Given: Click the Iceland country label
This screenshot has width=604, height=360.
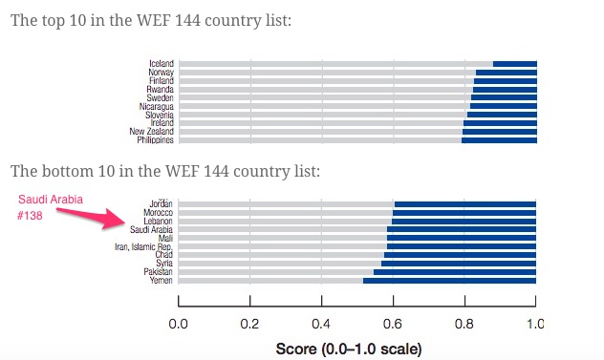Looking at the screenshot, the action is (x=162, y=64).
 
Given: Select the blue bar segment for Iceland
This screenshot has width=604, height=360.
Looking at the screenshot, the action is (x=515, y=64).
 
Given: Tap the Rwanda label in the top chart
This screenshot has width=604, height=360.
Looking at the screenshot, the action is (x=160, y=90).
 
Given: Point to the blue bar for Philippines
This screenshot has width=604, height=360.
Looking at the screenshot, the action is (x=499, y=140).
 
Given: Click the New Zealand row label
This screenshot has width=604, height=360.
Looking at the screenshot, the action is (x=151, y=132).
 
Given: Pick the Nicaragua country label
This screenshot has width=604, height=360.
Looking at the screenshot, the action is (x=157, y=106).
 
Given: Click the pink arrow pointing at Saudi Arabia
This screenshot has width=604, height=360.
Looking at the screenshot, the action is (x=92, y=218).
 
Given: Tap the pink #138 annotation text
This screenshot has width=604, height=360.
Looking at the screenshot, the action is (x=30, y=216).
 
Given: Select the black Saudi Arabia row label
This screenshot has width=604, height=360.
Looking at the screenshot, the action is (x=151, y=230).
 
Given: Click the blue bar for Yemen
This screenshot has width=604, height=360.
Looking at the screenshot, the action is (x=449, y=281).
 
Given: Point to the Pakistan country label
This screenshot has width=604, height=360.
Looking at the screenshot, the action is (x=158, y=272).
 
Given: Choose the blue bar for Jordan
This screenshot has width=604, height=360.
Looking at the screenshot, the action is (x=465, y=204).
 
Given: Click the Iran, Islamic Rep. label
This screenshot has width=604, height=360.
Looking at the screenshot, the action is (x=143, y=246).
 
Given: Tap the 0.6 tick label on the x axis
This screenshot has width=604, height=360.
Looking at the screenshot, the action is (x=393, y=325).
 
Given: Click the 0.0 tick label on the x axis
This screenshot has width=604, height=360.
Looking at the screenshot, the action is (x=179, y=325).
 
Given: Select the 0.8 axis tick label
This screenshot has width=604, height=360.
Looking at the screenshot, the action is (x=464, y=325).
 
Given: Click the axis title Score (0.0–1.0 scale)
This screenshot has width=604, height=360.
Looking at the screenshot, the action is (x=349, y=349).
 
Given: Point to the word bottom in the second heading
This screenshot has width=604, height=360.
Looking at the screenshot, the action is (x=68, y=171).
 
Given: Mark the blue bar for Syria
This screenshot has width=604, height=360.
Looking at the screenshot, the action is (x=459, y=264).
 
